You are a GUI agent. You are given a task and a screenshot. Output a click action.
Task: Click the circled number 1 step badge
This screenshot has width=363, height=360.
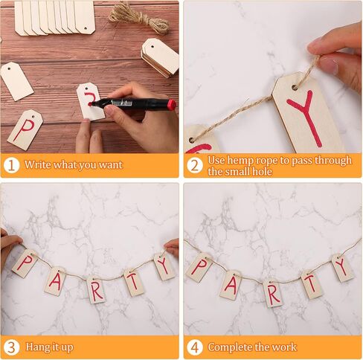pyautogui.click(x=11, y=165)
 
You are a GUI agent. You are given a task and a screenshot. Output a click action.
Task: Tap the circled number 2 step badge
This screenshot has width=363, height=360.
pyautogui.click(x=195, y=165)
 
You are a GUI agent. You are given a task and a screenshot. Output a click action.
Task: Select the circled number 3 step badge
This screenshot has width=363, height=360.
pyautogui.click(x=11, y=347)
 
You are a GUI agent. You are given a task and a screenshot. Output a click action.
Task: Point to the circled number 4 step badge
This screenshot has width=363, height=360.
pyautogui.click(x=195, y=347)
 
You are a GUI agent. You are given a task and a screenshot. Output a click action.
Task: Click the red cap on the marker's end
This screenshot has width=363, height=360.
pyautogui.click(x=171, y=104)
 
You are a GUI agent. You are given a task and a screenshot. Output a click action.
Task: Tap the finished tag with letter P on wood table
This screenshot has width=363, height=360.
pyautogui.click(x=25, y=130)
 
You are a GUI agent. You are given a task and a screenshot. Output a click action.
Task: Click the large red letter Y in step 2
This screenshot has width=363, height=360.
pyautogui.click(x=305, y=117)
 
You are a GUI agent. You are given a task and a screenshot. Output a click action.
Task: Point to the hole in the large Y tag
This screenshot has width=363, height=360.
pyautogui.click(x=295, y=88)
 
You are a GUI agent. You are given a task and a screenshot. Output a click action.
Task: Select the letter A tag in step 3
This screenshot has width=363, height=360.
pyautogui.click(x=55, y=281)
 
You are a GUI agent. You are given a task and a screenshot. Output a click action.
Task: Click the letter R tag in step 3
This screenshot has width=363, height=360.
pyautogui.click(x=96, y=289)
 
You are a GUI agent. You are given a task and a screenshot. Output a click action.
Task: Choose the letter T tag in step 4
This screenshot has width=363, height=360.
pyautogui.click(x=312, y=284)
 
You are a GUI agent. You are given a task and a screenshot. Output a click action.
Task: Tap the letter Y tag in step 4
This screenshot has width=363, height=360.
pyautogui.click(x=343, y=268)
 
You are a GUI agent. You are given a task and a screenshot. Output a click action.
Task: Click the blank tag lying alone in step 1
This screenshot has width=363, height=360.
pyautogui.click(x=17, y=81)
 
